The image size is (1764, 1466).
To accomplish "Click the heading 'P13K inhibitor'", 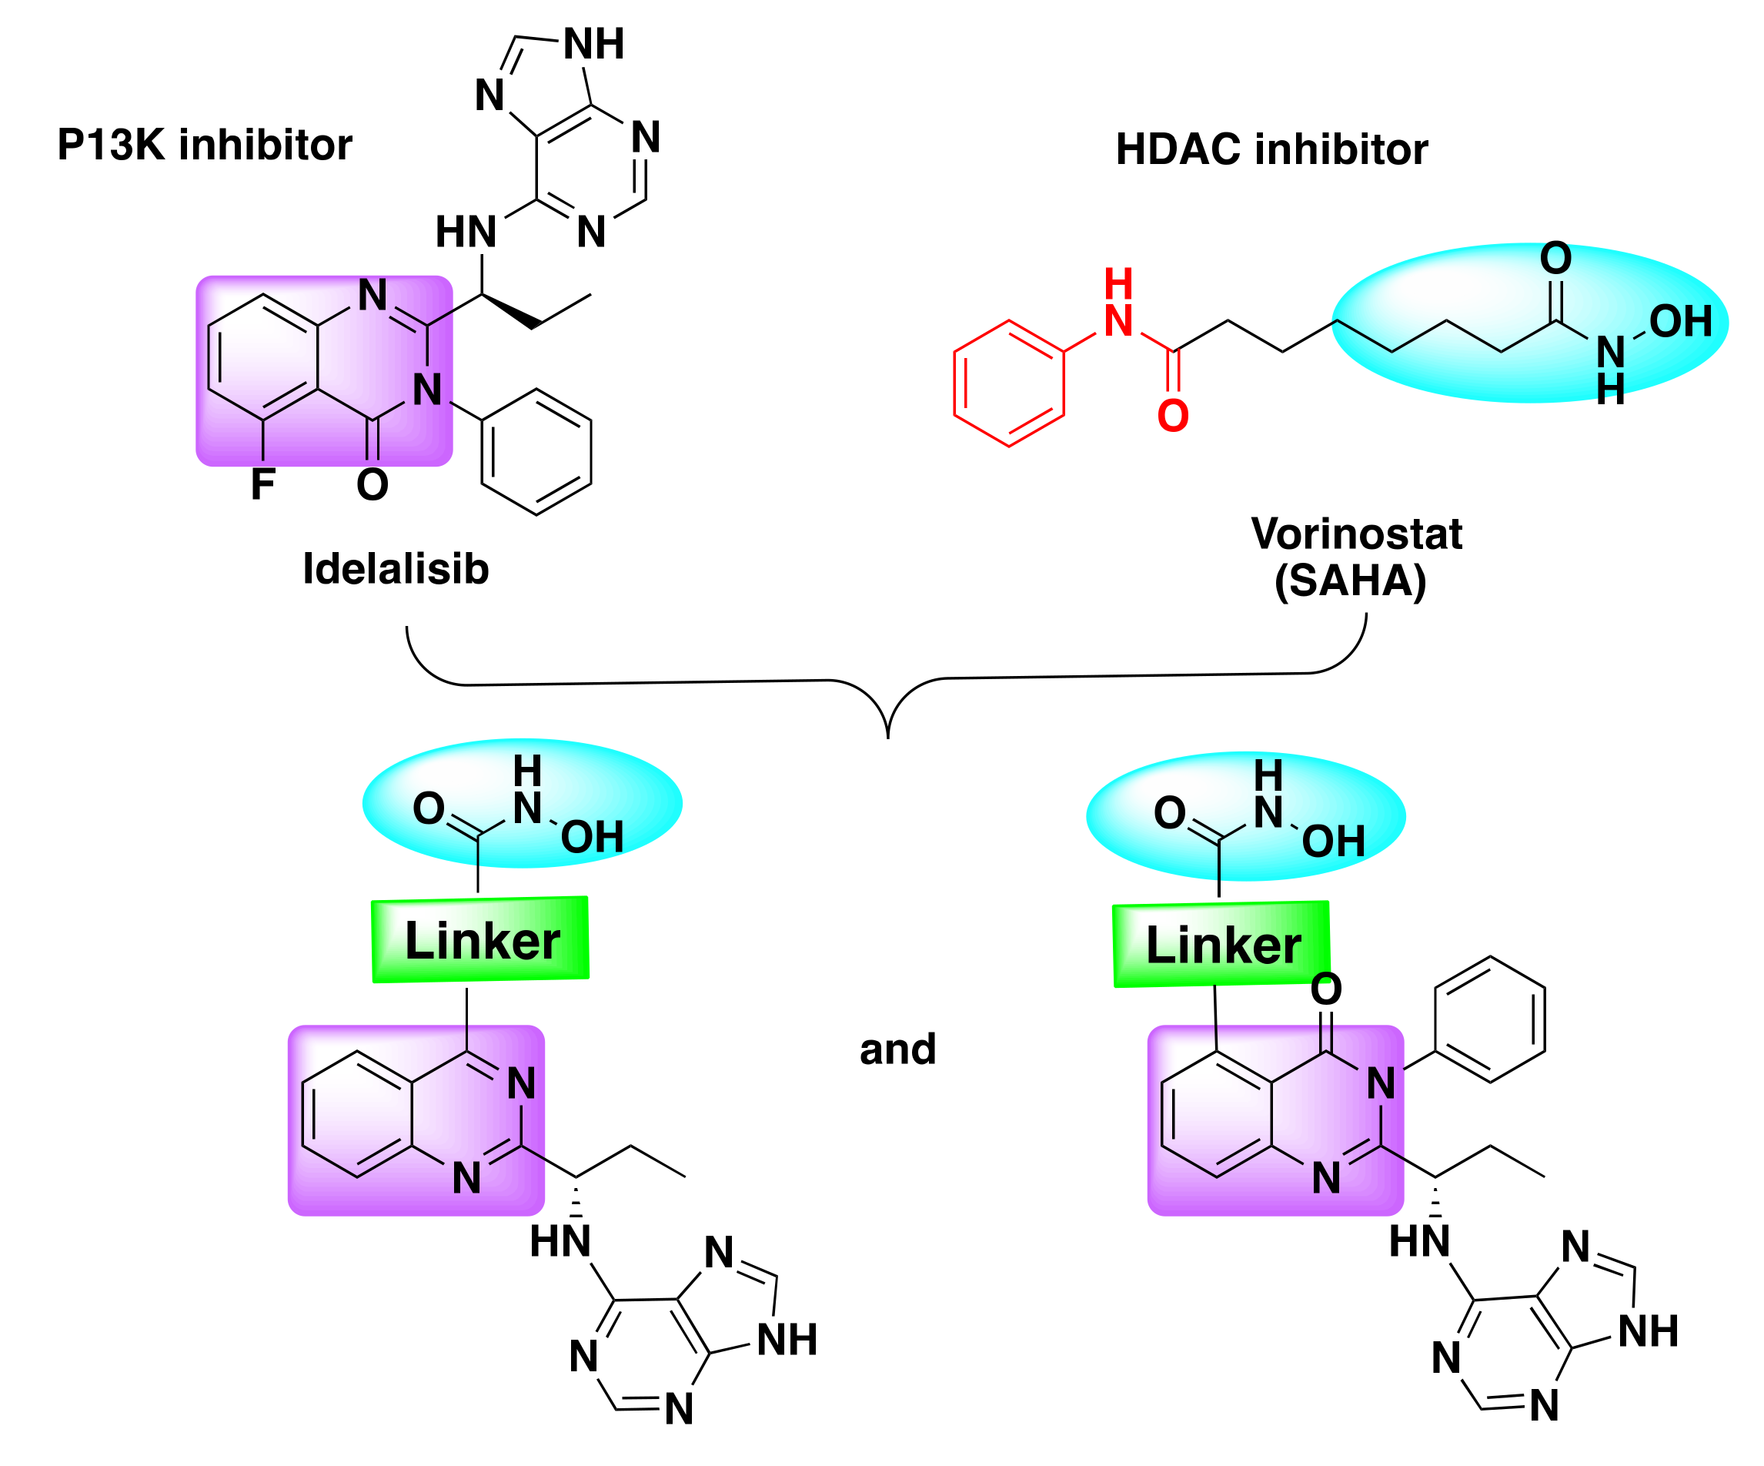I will pos(204,146).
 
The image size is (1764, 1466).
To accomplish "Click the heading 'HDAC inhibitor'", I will pos(1271,149).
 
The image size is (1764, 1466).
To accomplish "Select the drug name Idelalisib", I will pos(395,569).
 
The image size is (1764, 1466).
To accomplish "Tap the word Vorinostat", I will pos(1356,534).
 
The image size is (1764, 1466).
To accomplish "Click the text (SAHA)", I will pos(1350,581).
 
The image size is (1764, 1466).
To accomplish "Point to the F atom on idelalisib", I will pos(263,485).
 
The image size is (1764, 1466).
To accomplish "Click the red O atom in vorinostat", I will pos(1173,416).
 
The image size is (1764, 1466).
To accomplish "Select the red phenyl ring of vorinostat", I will pos(1008,383).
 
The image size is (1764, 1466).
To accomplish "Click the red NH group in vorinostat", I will pos(1118,306).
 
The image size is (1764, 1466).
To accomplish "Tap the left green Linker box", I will pos(480,940).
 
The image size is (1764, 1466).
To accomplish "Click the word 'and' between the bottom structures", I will pos(897,1049).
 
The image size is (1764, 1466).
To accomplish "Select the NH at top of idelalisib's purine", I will pos(593,44).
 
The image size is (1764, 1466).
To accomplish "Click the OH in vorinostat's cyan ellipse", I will pos(1679,322).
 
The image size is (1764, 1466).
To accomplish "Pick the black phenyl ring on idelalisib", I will pos(536,452).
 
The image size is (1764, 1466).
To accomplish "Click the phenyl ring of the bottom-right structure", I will pos(1489,1019).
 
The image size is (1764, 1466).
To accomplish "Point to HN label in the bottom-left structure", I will pos(560,1242).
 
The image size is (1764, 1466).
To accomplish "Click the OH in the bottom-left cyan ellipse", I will pos(591,838).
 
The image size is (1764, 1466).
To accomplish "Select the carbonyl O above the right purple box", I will pos(1325,989).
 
